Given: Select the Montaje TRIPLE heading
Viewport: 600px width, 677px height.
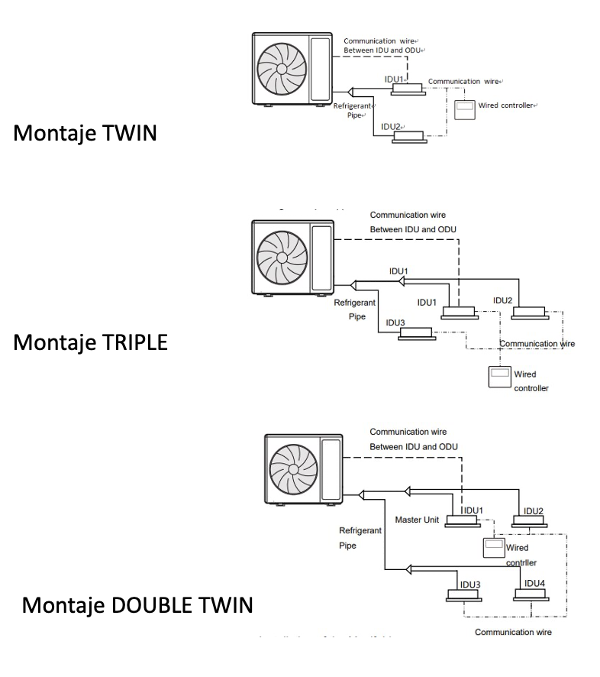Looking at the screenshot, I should (x=91, y=342).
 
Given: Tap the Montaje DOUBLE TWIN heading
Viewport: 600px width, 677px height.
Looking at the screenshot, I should (x=137, y=605).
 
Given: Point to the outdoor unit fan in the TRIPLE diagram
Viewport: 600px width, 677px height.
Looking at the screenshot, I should (x=282, y=258).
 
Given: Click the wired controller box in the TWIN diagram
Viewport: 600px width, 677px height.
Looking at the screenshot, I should (x=464, y=109).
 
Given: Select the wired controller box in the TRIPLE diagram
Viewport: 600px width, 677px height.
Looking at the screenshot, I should (x=500, y=377).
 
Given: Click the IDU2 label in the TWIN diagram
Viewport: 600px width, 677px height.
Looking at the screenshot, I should (x=391, y=126).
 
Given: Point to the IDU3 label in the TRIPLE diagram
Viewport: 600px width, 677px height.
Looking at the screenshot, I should (x=395, y=322).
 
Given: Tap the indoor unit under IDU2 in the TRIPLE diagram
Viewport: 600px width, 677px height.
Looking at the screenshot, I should (x=531, y=312).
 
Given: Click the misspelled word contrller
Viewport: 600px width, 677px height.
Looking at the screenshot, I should (x=521, y=562).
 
